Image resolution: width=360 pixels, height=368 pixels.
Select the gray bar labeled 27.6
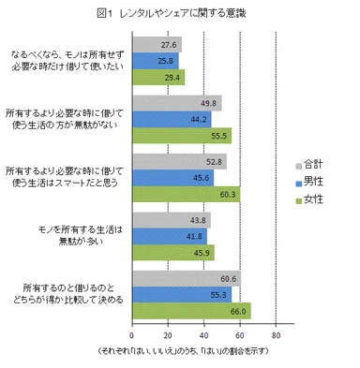point(156,45)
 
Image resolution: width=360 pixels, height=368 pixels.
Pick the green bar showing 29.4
point(157,77)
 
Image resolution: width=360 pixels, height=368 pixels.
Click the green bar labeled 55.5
point(181,136)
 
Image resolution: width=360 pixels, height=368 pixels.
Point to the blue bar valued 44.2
point(171,120)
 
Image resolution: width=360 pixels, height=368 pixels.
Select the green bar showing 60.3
point(186,194)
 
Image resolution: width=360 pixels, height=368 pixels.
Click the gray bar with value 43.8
point(171,221)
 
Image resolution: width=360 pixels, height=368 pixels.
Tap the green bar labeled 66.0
point(190,311)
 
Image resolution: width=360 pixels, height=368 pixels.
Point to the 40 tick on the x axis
point(203,334)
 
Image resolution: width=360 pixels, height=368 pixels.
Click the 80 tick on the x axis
point(276,334)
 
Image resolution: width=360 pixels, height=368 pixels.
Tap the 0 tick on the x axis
point(132,334)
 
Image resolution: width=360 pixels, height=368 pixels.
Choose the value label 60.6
point(228,279)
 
